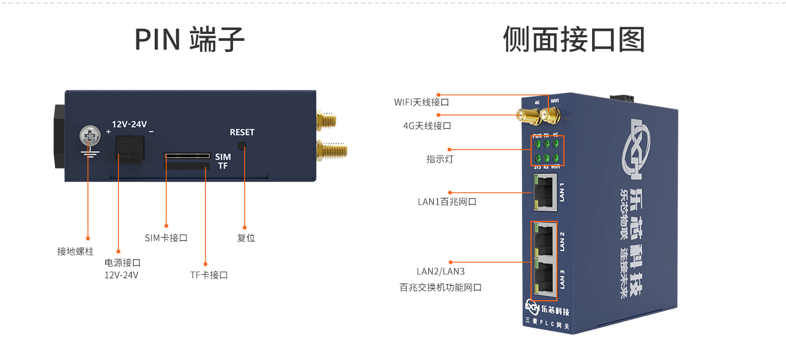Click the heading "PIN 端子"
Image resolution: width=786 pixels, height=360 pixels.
tap(189, 39)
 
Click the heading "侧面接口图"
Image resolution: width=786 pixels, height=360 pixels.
tap(574, 39)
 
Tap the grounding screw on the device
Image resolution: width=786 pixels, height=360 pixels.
tap(89, 137)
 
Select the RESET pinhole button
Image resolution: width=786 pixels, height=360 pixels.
tap(242, 147)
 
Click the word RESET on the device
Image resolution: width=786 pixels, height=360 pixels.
tap(242, 132)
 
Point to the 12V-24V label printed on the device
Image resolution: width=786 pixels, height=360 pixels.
tap(129, 124)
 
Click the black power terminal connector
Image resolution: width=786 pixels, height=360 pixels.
tap(128, 150)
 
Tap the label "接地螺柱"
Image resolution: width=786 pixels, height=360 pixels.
tap(75, 251)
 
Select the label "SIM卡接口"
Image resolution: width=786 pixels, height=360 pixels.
tap(166, 238)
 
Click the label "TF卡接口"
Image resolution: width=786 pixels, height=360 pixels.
tap(209, 275)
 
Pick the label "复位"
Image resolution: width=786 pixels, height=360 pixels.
tap(246, 238)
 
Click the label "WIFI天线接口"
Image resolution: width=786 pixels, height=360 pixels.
tap(421, 102)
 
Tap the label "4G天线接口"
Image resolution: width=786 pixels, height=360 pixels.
tap(427, 125)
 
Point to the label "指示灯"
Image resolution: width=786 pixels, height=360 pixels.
tap(440, 159)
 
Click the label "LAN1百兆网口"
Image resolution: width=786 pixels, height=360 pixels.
tap(447, 202)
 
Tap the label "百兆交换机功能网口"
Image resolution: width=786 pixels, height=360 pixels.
tap(441, 287)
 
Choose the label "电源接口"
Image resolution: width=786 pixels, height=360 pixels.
tap(123, 263)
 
